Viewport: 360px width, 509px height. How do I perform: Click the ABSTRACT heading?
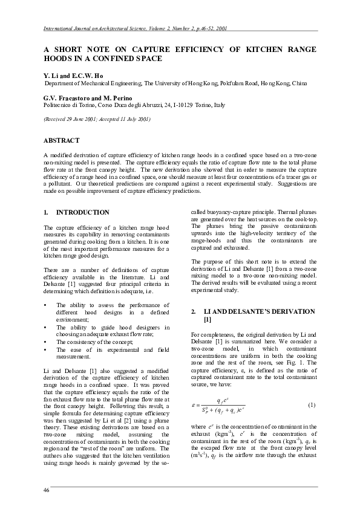(x=61, y=140)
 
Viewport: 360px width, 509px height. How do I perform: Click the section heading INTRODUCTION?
(x=83, y=213)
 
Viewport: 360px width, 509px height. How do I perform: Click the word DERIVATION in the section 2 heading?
(x=293, y=311)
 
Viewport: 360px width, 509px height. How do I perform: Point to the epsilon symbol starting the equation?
(x=193, y=404)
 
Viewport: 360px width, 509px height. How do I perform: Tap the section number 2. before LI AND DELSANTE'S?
(x=194, y=311)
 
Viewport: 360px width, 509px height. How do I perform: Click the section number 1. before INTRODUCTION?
(x=46, y=213)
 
